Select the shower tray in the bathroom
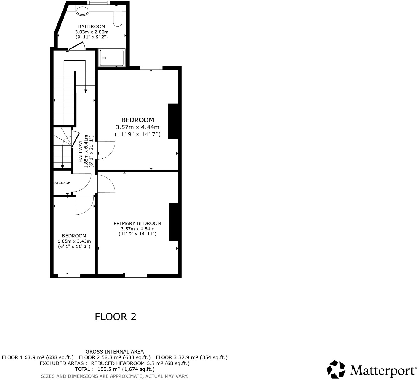(x=112, y=57)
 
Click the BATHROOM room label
(x=92, y=26)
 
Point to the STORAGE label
(x=62, y=183)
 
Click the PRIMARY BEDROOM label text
(x=137, y=223)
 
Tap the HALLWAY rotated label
(x=81, y=152)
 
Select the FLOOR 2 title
(x=116, y=317)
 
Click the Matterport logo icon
(x=336, y=369)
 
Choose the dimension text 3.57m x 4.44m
(x=137, y=127)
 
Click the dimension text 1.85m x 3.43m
(x=74, y=241)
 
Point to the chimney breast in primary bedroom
(x=173, y=222)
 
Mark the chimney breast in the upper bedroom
(x=172, y=121)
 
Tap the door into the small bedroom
(x=84, y=205)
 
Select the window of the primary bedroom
(x=136, y=276)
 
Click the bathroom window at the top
(x=98, y=3)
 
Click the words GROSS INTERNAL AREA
(x=115, y=351)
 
